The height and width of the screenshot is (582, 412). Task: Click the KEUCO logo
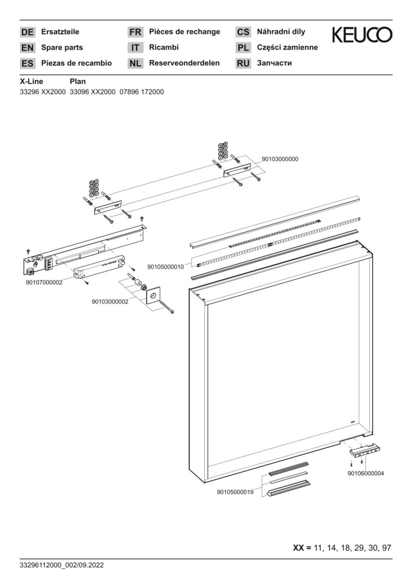coord(362,34)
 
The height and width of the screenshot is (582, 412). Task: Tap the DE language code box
coord(27,32)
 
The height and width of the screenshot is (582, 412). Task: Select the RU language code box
coord(243,64)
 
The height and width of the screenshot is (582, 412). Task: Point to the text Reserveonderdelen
coord(184,63)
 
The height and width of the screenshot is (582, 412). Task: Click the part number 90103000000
coord(280,159)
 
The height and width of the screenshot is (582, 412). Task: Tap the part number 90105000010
coord(165,266)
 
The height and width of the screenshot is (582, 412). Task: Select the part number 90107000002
coord(44,282)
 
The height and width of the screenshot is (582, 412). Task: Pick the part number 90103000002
coord(109,302)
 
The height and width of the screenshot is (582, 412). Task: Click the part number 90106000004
coord(366,474)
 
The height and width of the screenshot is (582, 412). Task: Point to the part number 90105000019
coord(235,492)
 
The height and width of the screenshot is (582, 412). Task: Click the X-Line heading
coord(31,81)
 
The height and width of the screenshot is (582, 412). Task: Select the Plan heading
coord(78,81)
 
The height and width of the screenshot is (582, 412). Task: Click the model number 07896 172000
coord(141,92)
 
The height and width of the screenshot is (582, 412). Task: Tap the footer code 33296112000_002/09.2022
coord(61,565)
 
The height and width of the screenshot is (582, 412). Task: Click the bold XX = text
coord(302,548)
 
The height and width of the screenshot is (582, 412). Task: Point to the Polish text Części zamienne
coord(287,47)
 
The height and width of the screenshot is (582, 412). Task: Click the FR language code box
coord(135,32)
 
